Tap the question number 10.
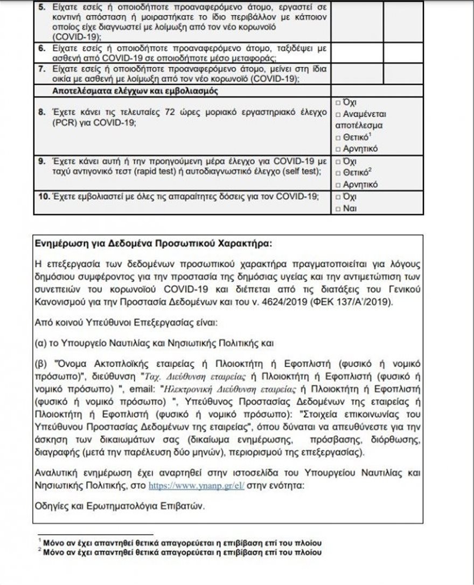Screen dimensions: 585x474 41,196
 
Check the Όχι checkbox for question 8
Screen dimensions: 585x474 337,102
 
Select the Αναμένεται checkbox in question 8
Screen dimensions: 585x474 337,114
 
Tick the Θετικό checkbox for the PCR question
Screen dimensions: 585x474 337,137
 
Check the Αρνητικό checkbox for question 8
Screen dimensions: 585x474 337,149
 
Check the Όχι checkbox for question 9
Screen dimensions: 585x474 337,161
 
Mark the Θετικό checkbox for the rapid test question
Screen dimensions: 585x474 337,173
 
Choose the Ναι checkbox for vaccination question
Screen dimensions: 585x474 337,208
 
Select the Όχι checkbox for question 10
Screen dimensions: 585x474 337,197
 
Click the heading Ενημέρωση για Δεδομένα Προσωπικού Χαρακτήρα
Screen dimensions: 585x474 153,243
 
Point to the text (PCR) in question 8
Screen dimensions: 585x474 49,123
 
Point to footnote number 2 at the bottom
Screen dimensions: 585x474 40,551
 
